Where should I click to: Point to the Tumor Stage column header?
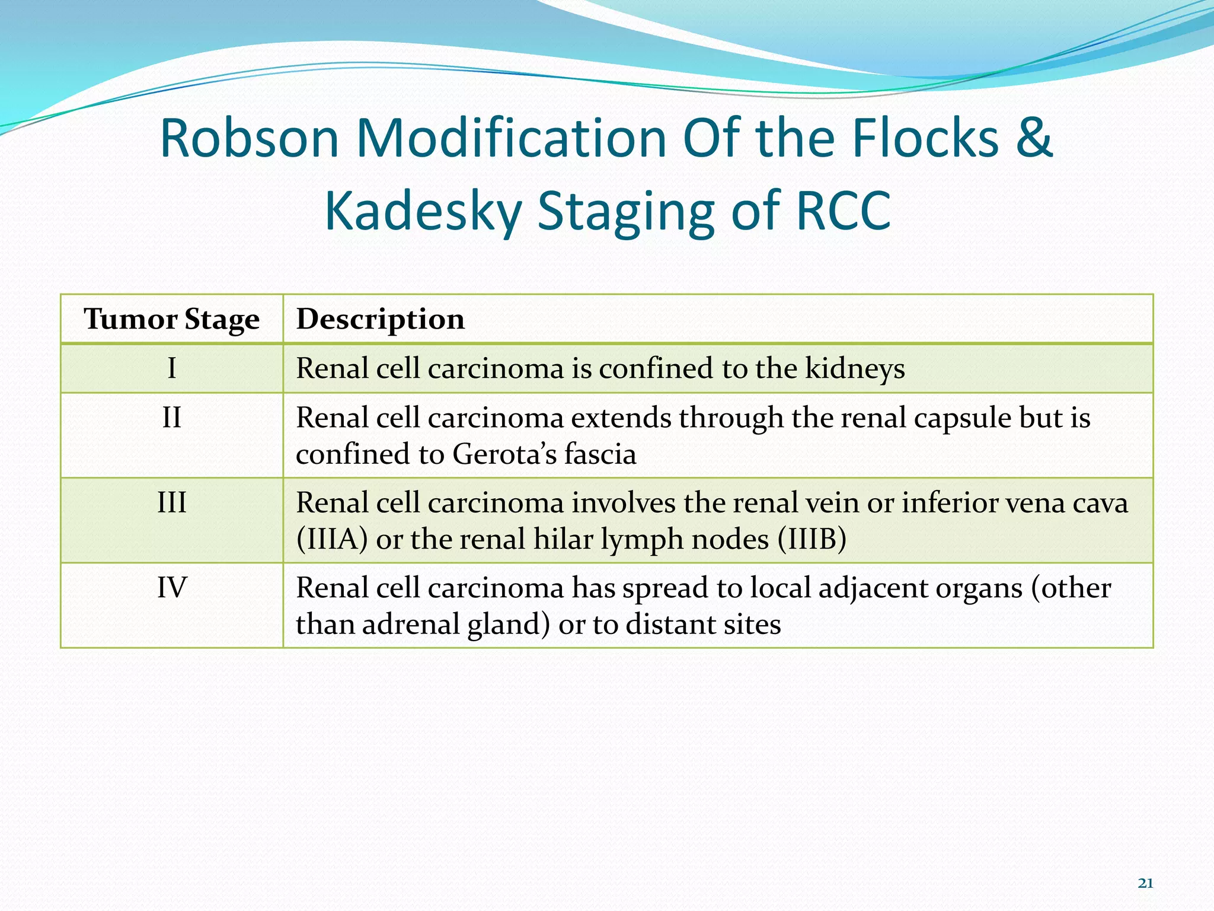[x=171, y=319]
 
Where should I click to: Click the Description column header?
[x=380, y=319]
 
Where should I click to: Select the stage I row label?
[x=171, y=368]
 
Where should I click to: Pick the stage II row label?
[x=171, y=418]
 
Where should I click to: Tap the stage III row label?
[x=171, y=502]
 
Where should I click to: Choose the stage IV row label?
[x=171, y=587]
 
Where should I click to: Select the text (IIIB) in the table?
[x=812, y=540]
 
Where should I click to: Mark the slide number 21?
[x=1145, y=884]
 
